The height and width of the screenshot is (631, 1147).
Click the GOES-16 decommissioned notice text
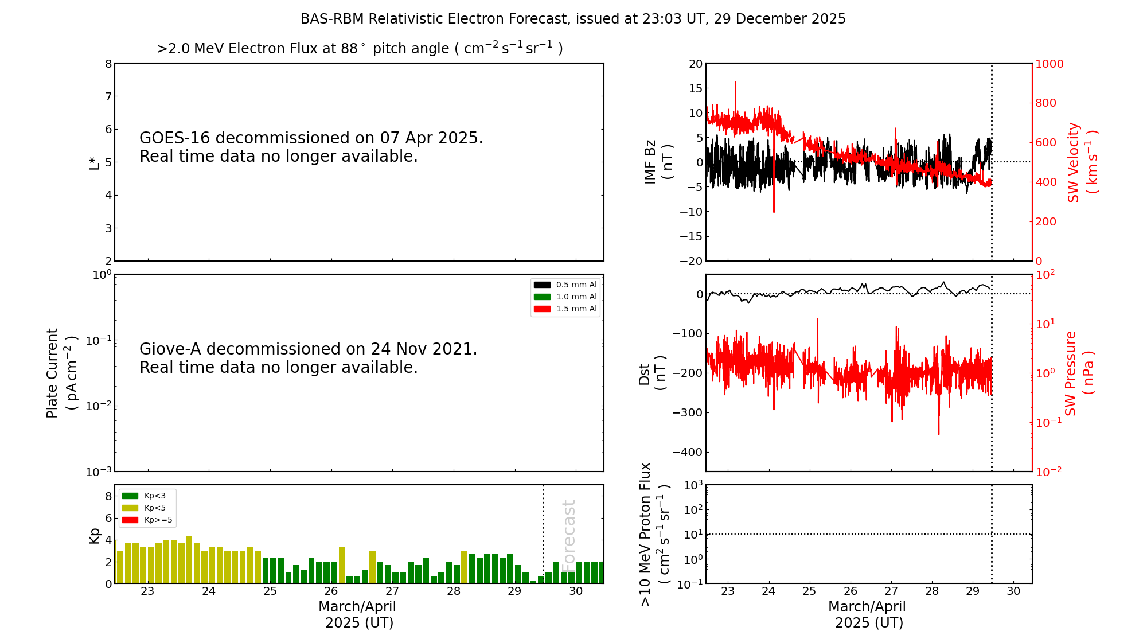point(311,147)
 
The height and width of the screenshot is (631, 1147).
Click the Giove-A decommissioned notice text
point(309,358)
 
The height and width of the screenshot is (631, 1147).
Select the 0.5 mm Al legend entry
point(565,285)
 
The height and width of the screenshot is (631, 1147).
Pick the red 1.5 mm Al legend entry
point(565,309)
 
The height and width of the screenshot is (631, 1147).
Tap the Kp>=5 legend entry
point(147,520)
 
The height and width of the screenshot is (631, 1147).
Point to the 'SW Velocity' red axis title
point(1082,162)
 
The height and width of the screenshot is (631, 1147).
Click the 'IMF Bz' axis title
point(658,162)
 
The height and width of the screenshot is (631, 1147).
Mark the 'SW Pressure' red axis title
point(1079,373)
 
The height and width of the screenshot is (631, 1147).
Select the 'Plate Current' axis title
point(61,373)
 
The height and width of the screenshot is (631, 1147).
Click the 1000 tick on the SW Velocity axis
point(1049,64)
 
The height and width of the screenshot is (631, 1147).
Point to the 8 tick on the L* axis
point(108,64)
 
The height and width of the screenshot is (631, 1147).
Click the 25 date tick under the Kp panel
point(270,591)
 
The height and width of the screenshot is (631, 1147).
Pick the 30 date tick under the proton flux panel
point(1013,591)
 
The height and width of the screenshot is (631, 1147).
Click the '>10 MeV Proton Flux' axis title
point(654,535)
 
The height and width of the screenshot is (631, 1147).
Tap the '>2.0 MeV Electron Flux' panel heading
point(360,48)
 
